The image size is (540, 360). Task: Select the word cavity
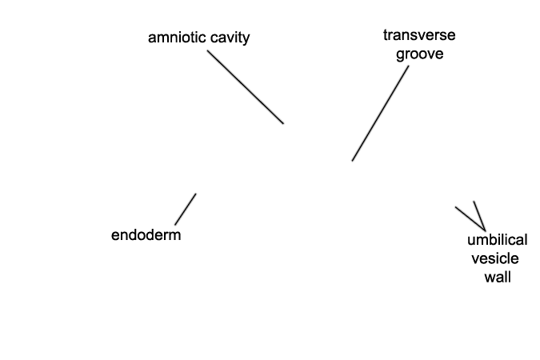coord(230,38)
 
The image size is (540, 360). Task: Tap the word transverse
coord(419,35)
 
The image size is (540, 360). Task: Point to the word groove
coord(419,54)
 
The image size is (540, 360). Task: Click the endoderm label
coord(146,235)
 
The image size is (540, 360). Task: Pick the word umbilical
coord(498,240)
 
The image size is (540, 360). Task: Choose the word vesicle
coord(495,258)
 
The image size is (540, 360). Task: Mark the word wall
coord(498,277)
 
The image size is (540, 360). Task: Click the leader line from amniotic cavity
coord(246,87)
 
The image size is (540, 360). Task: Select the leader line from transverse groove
coord(380,114)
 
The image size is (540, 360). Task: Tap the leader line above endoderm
coord(186,209)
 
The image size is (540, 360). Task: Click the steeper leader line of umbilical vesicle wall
coord(479,216)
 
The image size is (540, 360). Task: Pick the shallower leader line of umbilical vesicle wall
coord(470,218)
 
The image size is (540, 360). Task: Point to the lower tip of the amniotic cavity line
coord(284,123)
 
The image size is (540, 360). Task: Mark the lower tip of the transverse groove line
coord(352,161)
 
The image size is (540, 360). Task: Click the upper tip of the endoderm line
coord(196,194)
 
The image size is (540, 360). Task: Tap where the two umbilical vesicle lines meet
coord(486,230)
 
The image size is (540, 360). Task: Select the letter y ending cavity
coord(246,40)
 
